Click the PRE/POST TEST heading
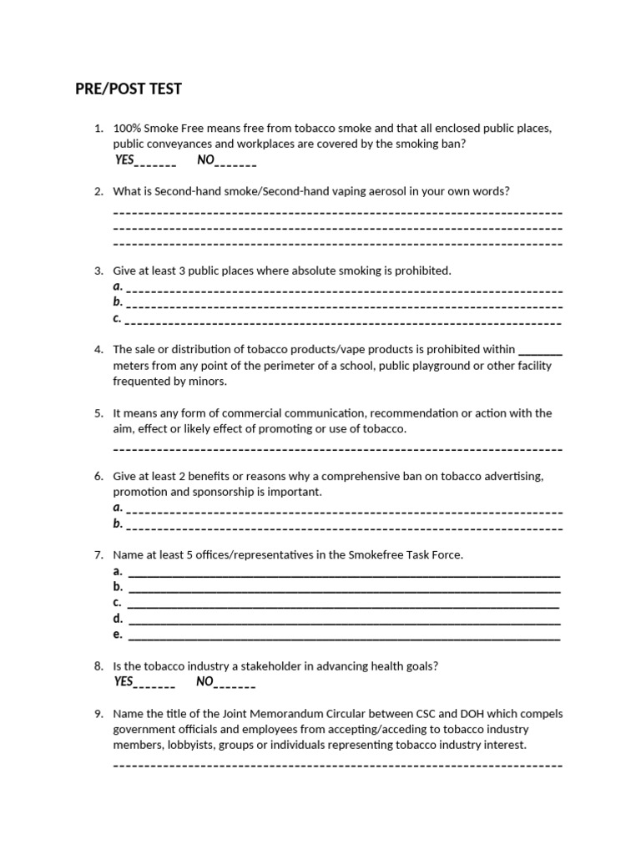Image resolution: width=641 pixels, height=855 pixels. [128, 89]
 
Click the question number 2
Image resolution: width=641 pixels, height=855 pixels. [98, 191]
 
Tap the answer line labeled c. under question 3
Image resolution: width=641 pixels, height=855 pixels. [342, 320]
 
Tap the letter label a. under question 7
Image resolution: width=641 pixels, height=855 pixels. [118, 572]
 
